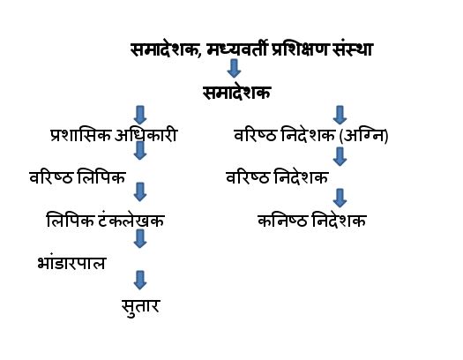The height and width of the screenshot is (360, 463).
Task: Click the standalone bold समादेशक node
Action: click(x=237, y=93)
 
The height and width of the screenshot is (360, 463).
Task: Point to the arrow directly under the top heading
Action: click(x=234, y=68)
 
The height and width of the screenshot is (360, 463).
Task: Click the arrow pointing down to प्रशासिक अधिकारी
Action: click(x=140, y=115)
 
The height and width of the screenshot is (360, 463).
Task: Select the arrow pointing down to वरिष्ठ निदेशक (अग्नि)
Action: click(x=340, y=115)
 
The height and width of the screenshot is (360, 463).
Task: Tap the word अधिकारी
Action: click(x=146, y=136)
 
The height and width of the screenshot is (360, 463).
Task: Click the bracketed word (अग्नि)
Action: click(x=363, y=136)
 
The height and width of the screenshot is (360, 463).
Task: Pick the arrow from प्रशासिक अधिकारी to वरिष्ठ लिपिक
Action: click(x=140, y=151)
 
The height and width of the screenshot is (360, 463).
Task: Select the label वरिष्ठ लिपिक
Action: click(x=78, y=177)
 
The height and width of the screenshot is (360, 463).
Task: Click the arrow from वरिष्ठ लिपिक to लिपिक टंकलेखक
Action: click(x=140, y=192)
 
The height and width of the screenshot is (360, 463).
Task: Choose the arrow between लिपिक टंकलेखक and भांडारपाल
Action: click(x=140, y=238)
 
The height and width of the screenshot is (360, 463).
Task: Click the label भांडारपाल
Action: click(x=71, y=262)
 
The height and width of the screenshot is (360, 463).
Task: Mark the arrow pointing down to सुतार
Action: click(x=140, y=280)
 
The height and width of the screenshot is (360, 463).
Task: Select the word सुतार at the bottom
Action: click(x=140, y=306)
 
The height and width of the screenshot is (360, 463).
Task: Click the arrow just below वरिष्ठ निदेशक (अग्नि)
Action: click(x=340, y=156)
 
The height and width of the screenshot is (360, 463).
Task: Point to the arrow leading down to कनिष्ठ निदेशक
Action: click(x=340, y=198)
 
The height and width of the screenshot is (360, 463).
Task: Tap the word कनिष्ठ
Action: click(x=282, y=221)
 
